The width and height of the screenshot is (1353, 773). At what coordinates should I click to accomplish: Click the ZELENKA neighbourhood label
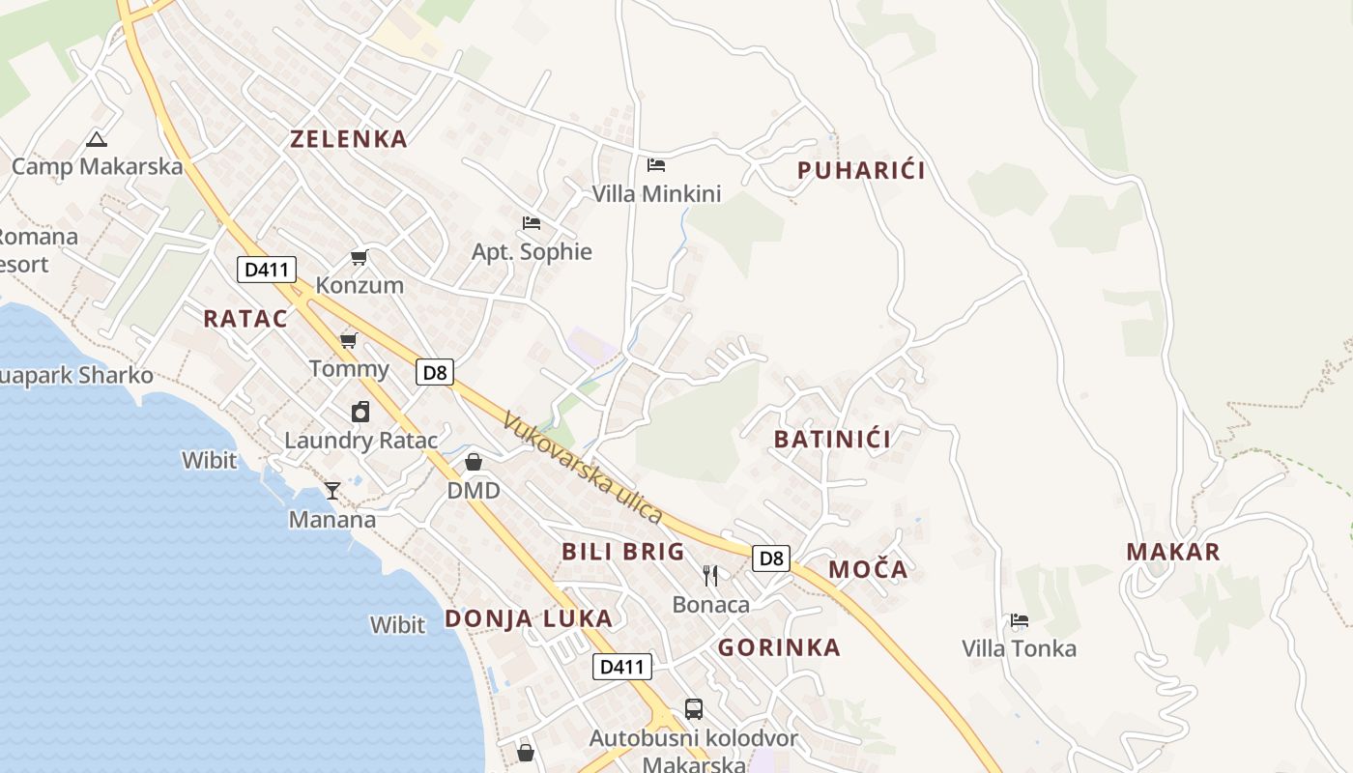(x=349, y=139)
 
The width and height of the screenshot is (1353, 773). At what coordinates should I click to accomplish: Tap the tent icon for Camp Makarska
(x=96, y=139)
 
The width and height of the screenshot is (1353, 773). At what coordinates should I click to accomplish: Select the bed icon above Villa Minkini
(x=656, y=164)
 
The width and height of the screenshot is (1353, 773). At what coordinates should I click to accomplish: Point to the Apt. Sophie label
(x=532, y=252)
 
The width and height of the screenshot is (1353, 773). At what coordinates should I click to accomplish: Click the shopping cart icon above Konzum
(x=360, y=257)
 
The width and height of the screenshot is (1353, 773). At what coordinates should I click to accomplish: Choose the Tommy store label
(x=349, y=368)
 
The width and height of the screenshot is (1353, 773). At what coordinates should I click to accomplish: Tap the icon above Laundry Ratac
(x=360, y=412)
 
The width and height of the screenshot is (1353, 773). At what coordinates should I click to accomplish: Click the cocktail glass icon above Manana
(x=332, y=490)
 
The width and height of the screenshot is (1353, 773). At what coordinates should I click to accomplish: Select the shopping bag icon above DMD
(x=474, y=462)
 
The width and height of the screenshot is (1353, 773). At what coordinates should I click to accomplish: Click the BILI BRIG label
(x=623, y=553)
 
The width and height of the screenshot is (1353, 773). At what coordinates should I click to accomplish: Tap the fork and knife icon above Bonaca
(x=710, y=576)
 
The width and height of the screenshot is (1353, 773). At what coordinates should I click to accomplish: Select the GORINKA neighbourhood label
(x=779, y=647)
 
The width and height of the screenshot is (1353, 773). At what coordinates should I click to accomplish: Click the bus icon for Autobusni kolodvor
(x=694, y=709)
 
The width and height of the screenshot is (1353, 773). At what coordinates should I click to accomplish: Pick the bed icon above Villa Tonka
(x=1019, y=619)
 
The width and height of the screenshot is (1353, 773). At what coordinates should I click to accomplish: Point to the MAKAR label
(x=1173, y=553)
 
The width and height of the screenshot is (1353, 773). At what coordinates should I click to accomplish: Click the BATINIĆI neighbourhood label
(x=832, y=440)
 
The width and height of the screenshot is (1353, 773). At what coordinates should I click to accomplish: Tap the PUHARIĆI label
(x=861, y=171)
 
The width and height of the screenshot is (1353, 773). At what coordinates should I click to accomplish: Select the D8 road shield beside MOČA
(x=770, y=558)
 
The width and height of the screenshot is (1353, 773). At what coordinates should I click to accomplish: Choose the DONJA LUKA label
(x=529, y=619)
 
